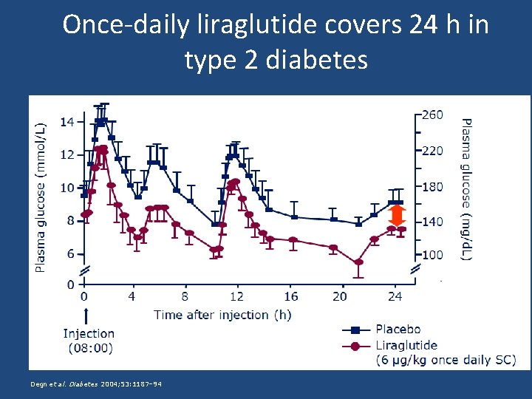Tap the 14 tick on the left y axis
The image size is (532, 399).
tap(67, 121)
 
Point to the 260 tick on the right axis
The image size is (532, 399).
tap(433, 115)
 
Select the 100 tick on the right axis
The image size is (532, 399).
tap(432, 255)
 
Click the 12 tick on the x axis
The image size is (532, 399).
tap(236, 296)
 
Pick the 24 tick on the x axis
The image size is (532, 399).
tap(395, 296)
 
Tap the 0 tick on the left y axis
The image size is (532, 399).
tap(70, 284)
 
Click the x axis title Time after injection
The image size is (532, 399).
tap(222, 315)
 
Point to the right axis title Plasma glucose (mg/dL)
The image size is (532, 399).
tap(466, 188)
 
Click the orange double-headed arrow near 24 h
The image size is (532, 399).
tap(398, 215)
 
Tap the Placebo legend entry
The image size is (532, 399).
tap(398, 330)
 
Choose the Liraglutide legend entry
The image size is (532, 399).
tap(406, 345)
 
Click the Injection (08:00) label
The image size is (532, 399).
tap(89, 341)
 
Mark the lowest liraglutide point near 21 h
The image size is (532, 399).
tap(359, 262)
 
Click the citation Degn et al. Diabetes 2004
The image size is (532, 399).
tap(96, 384)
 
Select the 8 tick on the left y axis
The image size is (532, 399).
tap(70, 220)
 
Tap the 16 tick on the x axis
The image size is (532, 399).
tap(290, 296)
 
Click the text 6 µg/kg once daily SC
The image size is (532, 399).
tap(446, 360)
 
